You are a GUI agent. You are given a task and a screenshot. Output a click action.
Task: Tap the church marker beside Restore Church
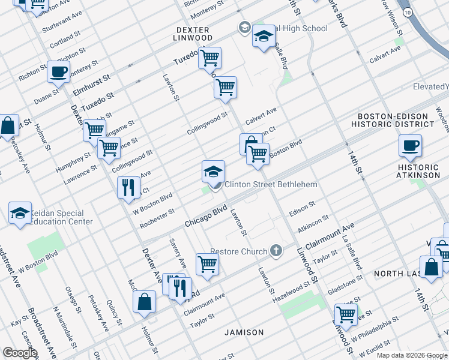pos(276,250)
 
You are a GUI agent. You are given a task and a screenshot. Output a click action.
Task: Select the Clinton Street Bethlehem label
pos(270,184)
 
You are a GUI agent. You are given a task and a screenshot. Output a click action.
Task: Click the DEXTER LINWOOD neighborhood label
pos(193,34)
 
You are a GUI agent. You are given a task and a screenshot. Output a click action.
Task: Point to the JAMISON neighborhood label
pos(244,332)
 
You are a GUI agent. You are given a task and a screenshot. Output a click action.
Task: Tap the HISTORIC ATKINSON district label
pos(418,171)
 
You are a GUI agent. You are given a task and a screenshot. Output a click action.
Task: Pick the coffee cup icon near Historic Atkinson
pos(410,145)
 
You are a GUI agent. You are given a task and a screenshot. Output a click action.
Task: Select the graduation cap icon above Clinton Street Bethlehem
pos(213,172)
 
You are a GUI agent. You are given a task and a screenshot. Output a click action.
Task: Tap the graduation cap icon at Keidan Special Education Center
pos(20,213)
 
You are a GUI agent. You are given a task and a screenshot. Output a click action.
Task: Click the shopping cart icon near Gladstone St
pos(346,313)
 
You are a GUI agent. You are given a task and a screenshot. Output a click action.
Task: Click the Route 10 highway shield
pos(408,12)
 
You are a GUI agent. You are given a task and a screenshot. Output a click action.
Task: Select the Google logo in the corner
pos(20,353)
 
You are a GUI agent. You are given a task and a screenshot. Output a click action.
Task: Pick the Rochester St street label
pos(157,218)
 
